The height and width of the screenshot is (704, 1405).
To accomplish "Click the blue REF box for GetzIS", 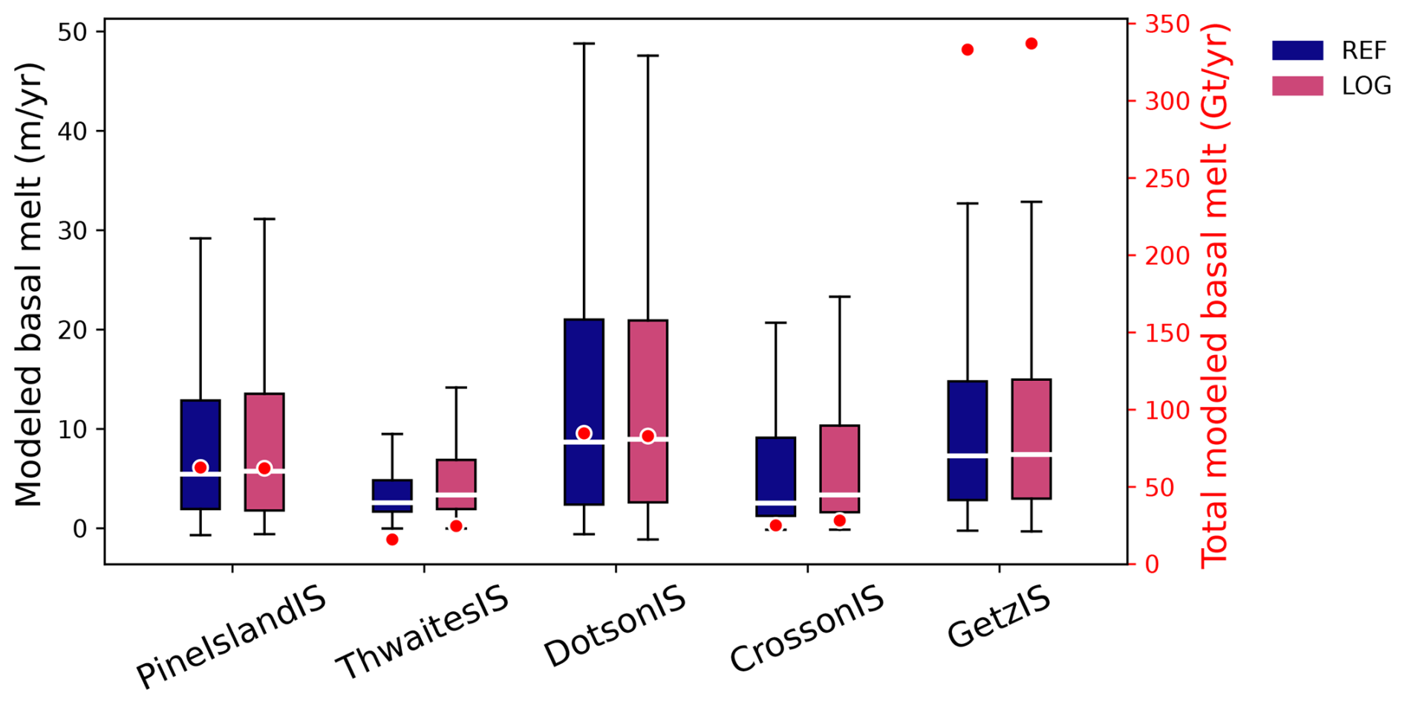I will tap(967, 416).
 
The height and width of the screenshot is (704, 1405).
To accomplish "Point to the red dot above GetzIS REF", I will tap(967, 50).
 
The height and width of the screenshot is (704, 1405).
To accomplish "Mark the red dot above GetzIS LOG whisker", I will tap(1031, 44).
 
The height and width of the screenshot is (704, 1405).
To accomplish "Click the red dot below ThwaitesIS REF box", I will tap(392, 539).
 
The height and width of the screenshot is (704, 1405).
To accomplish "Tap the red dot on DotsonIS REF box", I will tap(584, 433).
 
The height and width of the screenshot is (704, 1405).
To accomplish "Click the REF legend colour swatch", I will tap(1297, 50).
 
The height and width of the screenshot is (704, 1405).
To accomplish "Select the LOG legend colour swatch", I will tap(1297, 86).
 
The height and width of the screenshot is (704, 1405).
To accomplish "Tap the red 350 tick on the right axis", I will tap(1167, 25).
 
